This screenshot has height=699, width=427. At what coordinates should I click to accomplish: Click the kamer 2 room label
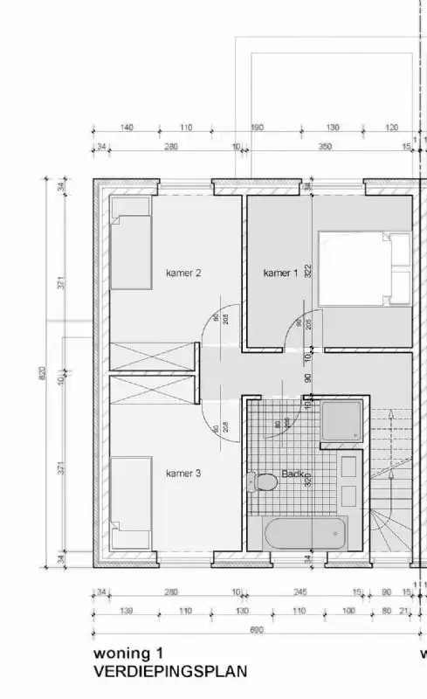click(x=183, y=273)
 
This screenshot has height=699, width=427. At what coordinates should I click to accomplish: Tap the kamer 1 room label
click(x=280, y=273)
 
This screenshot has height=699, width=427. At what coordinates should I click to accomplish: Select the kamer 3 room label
click(x=183, y=474)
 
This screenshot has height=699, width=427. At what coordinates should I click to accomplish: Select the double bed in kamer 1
click(x=365, y=268)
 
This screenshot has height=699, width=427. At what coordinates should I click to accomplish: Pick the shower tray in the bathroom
click(x=340, y=423)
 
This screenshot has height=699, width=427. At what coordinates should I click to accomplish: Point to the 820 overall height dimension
click(x=40, y=373)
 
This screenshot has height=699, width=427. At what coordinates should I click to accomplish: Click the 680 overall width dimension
click(x=255, y=630)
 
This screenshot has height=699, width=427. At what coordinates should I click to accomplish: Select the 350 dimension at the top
click(x=325, y=147)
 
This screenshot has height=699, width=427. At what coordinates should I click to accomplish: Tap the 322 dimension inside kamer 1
click(x=308, y=271)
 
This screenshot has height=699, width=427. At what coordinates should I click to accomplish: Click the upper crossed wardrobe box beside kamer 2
click(x=150, y=359)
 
